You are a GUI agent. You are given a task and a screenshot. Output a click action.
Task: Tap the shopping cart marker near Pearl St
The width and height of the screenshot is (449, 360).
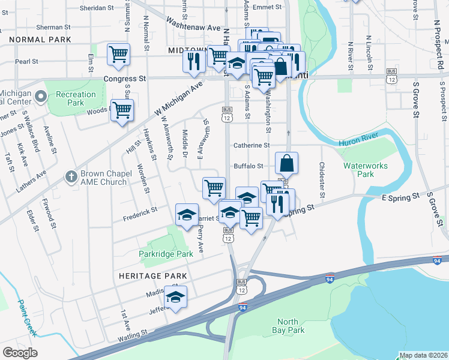tap(119, 54)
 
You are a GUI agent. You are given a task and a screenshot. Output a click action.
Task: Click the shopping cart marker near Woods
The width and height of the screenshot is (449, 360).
tap(122, 110)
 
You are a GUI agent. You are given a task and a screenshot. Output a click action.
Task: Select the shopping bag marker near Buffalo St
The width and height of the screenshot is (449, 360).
tap(287, 163)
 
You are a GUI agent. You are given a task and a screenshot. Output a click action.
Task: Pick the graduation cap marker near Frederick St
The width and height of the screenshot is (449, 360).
tap(187, 214)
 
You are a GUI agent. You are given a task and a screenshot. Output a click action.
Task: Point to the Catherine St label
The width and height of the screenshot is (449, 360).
tap(252, 145)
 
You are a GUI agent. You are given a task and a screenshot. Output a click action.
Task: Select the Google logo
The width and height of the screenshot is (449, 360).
tap(20, 353)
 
